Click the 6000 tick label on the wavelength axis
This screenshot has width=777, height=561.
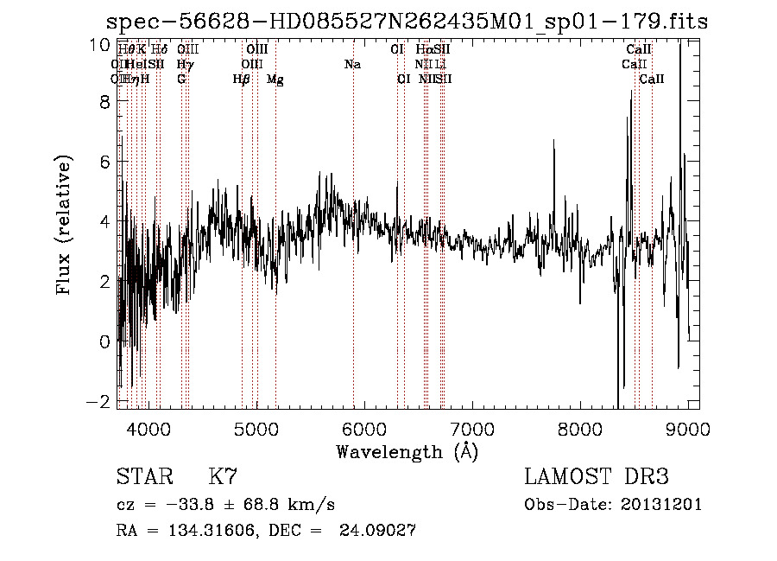point(364,429)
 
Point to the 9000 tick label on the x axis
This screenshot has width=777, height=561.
point(688,429)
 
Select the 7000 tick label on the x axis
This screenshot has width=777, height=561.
point(472,429)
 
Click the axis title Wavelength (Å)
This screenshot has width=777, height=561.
point(407,451)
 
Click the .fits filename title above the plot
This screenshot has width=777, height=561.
point(407,22)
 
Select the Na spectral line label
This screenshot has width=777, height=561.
point(352,65)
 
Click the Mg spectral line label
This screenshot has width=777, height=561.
point(275,80)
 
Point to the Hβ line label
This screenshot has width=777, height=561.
point(242,80)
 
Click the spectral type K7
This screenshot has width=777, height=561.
point(223,477)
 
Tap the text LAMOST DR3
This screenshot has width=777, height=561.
point(597,477)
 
